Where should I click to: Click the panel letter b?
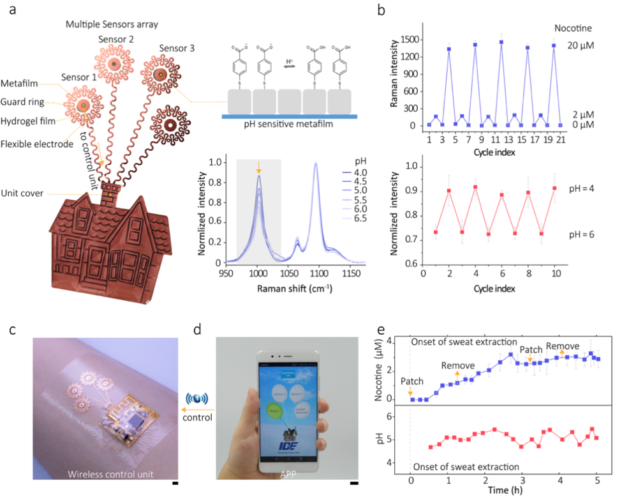pyautogui.click(x=399, y=11)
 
